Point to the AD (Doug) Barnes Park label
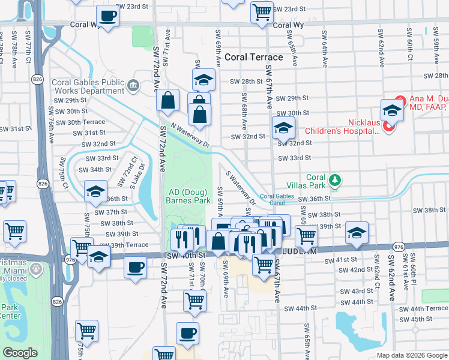click(x=188, y=196)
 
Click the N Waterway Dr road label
click(x=189, y=136)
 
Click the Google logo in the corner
click(x=20, y=353)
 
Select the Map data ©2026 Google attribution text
click(x=411, y=355)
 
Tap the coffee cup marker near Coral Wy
click(x=107, y=16)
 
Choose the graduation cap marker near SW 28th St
click(x=203, y=79)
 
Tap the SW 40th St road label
click(x=185, y=255)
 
